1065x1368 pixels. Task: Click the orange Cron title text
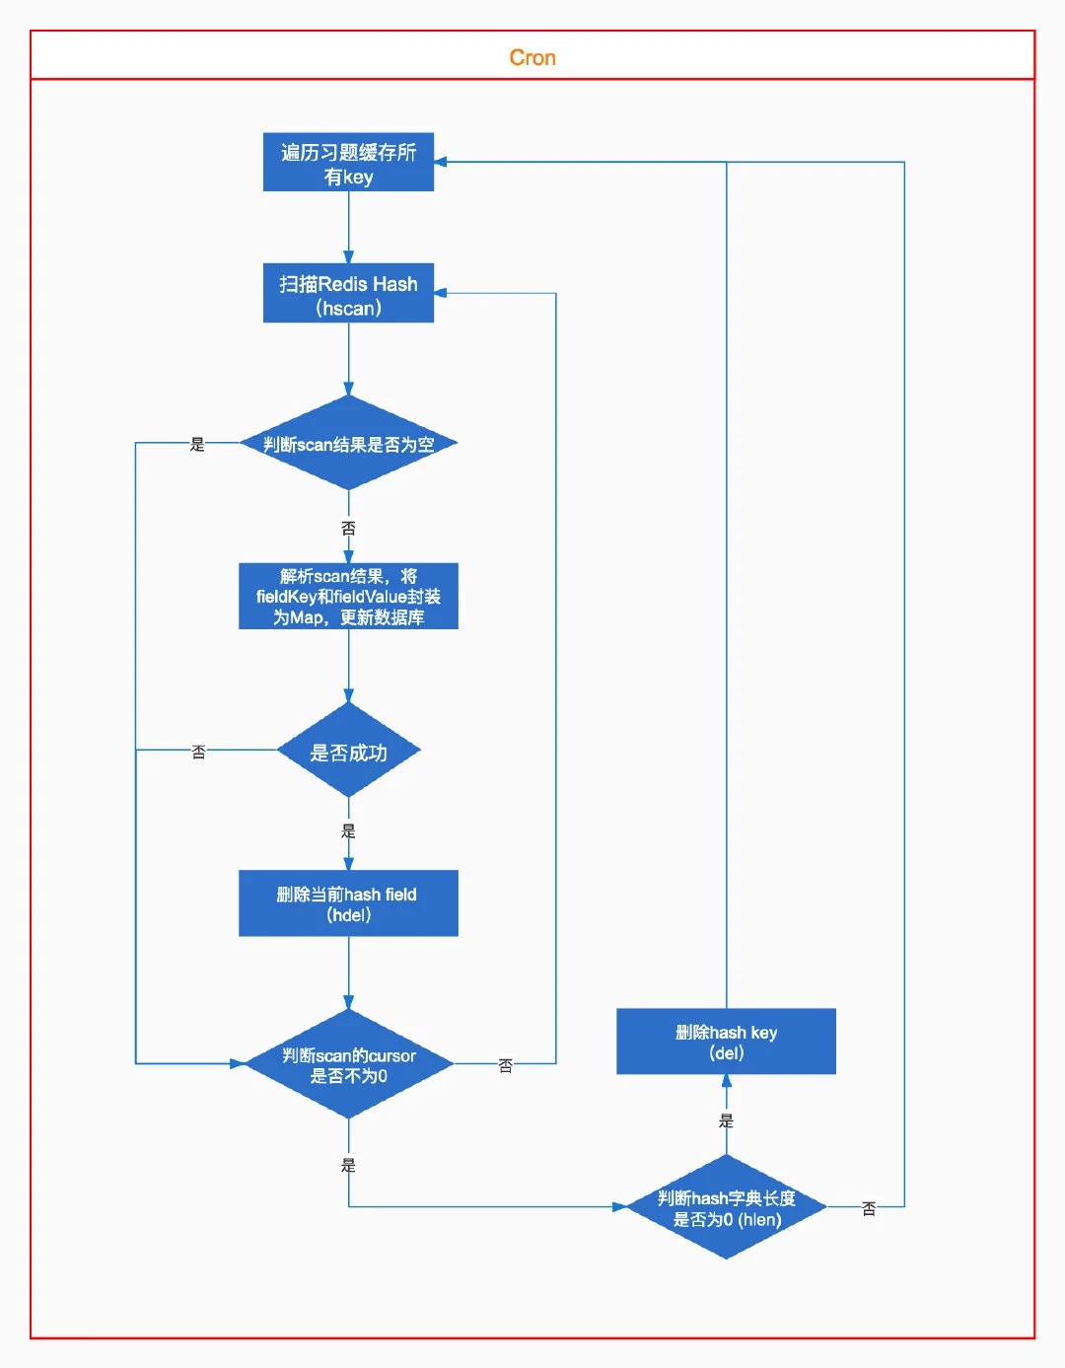532,57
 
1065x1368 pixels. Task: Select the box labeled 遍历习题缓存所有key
348,162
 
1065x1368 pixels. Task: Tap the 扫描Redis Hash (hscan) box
348,293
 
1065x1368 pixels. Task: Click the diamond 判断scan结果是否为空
348,443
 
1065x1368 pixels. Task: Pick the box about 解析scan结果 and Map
348,596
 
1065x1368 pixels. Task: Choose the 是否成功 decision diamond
348,751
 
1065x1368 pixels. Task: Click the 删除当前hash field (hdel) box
348,903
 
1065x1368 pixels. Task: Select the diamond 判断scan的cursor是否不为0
348,1064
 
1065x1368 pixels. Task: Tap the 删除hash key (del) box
726,1042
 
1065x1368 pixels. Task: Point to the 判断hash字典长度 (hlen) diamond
726,1207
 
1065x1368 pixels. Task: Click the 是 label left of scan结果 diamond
197,445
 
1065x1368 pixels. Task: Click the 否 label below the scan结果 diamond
348,529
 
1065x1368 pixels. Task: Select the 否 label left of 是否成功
198,752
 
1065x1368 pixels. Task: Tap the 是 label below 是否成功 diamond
348,831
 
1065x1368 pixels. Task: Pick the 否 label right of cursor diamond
505,1065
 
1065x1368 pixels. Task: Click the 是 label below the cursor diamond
348,1165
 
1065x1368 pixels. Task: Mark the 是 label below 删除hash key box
726,1120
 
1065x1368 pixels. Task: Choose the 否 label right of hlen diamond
868,1208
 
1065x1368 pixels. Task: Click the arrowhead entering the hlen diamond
619,1207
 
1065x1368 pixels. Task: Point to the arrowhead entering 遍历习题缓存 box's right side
441,162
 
